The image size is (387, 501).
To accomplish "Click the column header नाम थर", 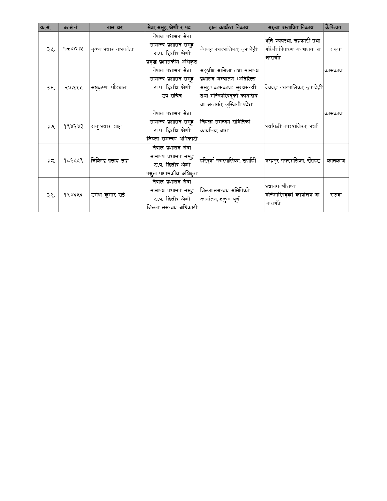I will point(117,27).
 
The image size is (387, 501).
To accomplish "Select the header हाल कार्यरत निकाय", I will point(231,27).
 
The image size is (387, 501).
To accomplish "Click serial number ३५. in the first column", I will point(51,49).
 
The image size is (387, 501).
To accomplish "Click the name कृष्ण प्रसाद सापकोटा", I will point(112,49).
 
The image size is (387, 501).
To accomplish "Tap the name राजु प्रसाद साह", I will point(105,126).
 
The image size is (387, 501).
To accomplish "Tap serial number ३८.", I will point(51,161).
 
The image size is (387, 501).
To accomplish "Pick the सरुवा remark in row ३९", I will point(336,195).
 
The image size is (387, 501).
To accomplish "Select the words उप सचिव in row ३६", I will point(171,96).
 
